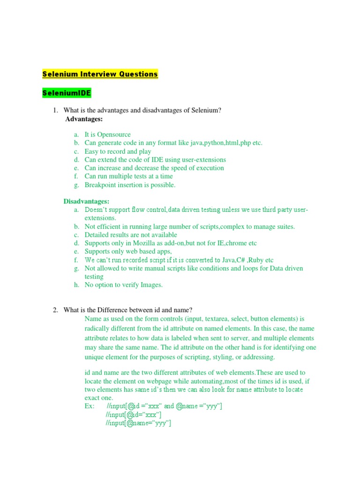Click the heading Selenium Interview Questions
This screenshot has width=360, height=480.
coord(100,74)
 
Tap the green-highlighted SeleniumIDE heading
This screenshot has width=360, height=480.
coord(67,93)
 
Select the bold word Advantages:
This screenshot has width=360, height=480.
coord(84,119)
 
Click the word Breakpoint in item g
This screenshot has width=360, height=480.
coord(100,185)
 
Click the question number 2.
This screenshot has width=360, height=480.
coord(55,310)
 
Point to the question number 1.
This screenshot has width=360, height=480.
coord(55,110)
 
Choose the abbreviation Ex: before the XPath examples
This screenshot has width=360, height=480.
coord(90,406)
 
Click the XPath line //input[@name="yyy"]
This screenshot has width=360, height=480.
coord(138,423)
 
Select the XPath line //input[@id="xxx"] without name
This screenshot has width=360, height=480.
coord(134,415)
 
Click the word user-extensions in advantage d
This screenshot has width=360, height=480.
coord(202,160)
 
